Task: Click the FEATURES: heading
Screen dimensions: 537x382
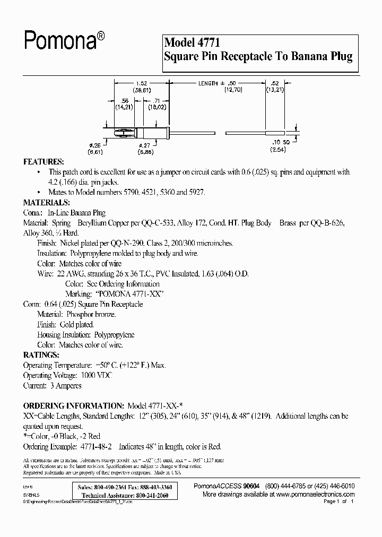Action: (x=44, y=161)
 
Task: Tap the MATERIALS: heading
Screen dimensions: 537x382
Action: (x=46, y=203)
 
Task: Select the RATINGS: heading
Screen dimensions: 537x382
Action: (x=40, y=354)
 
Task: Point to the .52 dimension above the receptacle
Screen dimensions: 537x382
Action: (x=274, y=84)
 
